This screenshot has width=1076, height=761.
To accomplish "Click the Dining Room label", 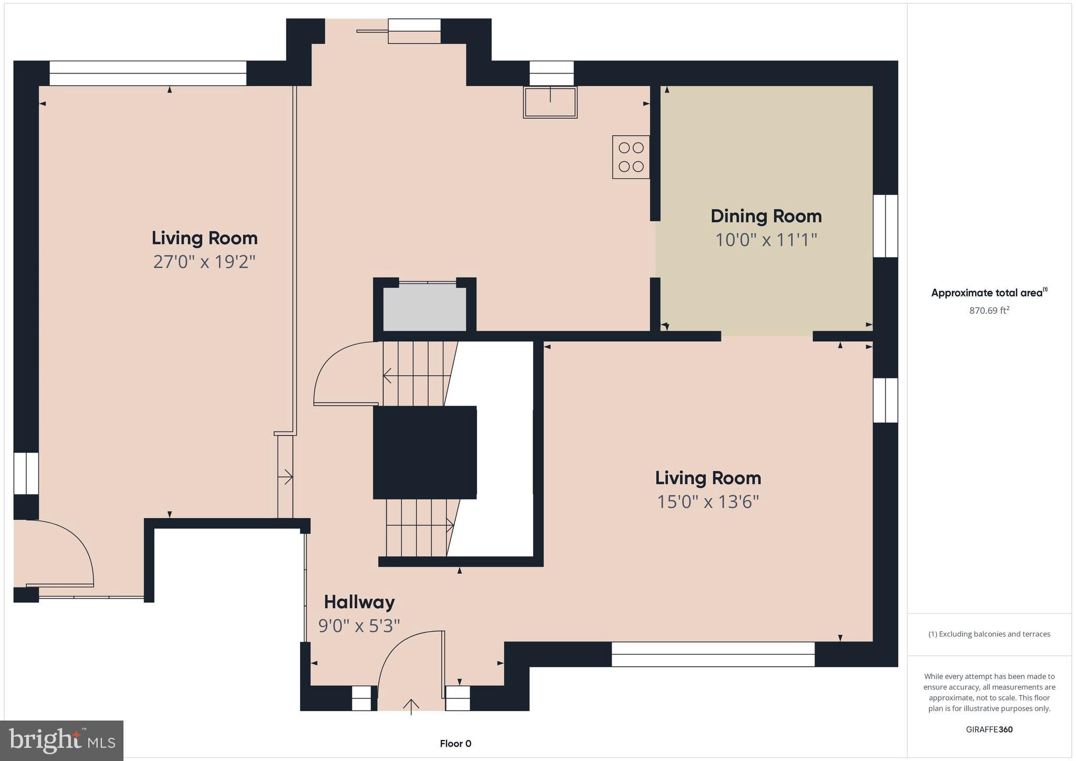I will tap(765, 216).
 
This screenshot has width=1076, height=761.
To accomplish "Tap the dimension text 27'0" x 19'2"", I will tap(204, 262).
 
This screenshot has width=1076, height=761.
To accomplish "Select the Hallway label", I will tap(359, 602).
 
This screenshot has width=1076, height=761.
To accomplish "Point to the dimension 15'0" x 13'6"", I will tap(708, 502).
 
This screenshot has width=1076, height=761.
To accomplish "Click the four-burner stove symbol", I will tap(631, 157).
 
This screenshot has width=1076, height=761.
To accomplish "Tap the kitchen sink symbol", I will tap(550, 102).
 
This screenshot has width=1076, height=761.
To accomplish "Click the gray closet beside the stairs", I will tap(424, 308).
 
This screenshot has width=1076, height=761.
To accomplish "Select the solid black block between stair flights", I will tap(425, 453).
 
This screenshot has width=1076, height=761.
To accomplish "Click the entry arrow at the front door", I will tap(411, 706).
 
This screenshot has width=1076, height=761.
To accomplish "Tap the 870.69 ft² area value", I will tap(989, 311).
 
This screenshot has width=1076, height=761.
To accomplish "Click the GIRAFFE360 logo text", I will tap(989, 729).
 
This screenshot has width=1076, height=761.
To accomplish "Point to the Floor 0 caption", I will tap(455, 744).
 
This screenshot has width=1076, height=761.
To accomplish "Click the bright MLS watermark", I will tap(61, 741).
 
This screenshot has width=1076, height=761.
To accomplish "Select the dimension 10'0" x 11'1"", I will tap(765, 240).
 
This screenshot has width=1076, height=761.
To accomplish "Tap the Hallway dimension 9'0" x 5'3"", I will tap(359, 626).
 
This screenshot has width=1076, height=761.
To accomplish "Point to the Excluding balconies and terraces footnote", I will tap(989, 634).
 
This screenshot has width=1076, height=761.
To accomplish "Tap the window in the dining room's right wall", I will tap(885, 226).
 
